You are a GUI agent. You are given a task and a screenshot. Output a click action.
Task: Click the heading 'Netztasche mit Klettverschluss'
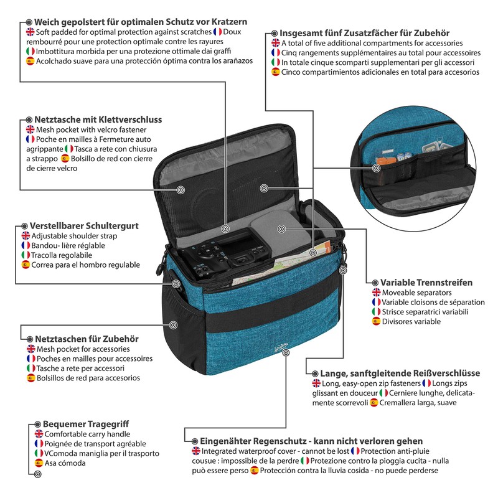98,120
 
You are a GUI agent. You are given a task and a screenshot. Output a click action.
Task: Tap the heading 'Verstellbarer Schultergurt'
83,225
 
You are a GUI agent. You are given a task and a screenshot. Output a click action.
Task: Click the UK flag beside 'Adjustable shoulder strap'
26,236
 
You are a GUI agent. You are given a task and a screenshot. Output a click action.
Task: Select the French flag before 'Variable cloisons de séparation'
376,302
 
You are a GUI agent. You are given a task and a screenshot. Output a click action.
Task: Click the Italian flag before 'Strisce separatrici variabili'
376,312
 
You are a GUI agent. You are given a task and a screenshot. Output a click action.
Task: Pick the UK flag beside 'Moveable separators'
376,292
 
